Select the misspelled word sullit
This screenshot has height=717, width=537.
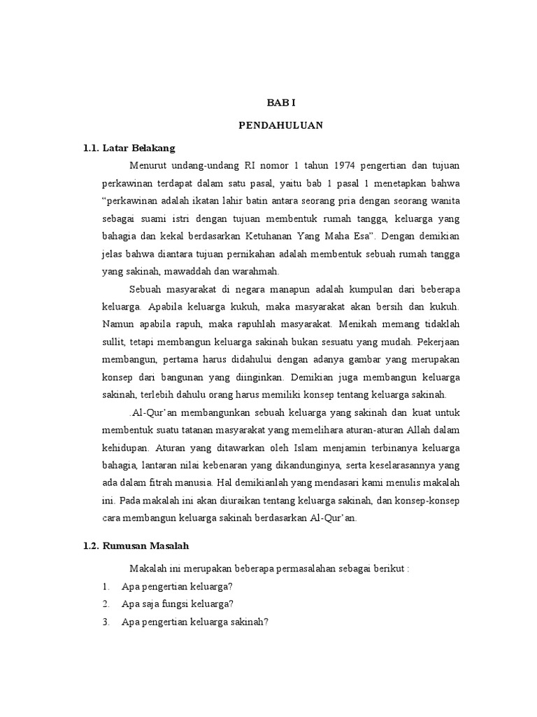click(x=114, y=342)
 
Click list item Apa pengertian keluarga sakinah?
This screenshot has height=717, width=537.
click(x=195, y=621)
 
